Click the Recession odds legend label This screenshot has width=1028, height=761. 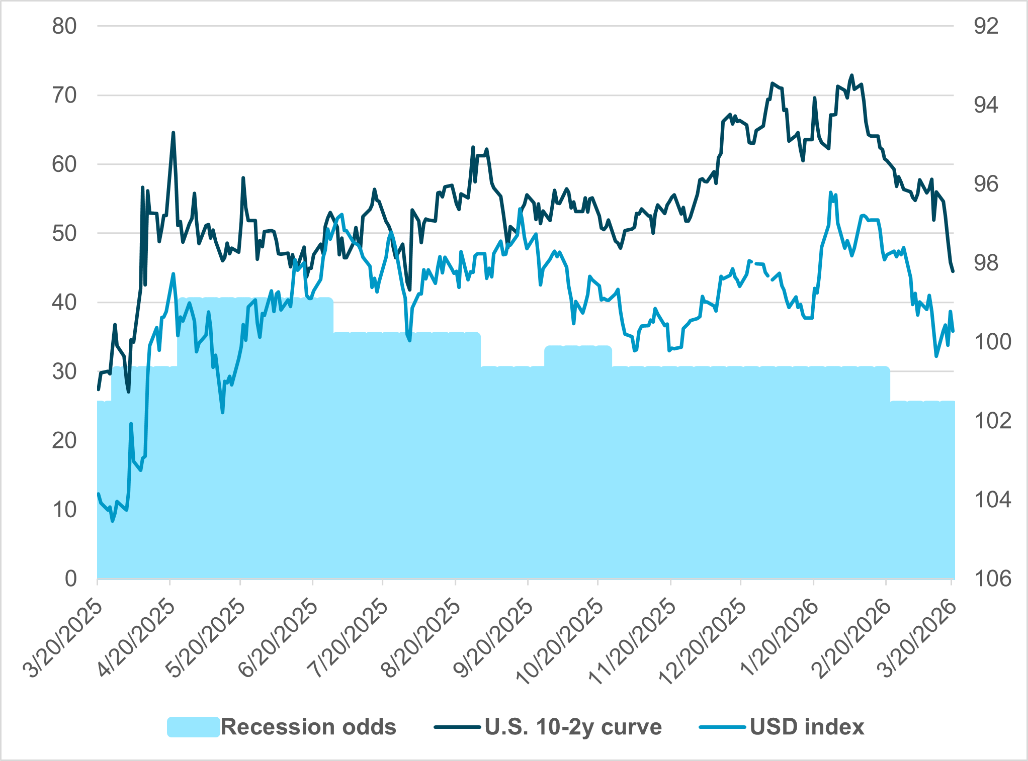point(308,727)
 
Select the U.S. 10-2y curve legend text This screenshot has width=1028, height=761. point(573,727)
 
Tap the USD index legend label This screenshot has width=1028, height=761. point(807,727)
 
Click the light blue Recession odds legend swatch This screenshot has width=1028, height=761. point(193,727)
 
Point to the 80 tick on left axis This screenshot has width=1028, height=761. point(64,26)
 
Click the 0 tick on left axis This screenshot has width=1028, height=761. point(70,579)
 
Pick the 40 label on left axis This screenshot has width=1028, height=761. point(64,303)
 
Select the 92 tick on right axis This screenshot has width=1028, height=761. point(986,26)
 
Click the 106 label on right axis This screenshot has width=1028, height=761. point(992,579)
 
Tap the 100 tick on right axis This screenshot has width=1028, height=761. point(992,342)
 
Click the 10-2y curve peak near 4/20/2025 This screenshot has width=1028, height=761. point(173,133)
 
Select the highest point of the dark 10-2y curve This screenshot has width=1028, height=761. point(851,75)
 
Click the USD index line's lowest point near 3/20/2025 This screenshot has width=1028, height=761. point(112,521)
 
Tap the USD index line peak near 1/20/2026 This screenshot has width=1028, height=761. point(830,192)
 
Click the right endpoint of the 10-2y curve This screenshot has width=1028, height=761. point(953,271)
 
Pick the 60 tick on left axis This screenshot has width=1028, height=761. point(64,164)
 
